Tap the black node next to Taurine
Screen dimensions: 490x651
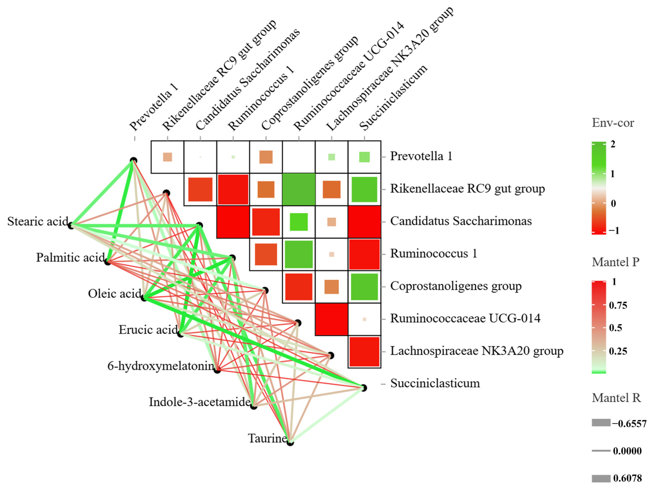[290, 442]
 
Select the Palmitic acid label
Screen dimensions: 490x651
[70, 258]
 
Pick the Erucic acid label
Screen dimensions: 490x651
[148, 330]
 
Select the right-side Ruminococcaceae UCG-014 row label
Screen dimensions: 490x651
[465, 318]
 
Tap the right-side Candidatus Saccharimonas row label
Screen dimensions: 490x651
[461, 221]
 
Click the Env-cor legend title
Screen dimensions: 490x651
[613, 123]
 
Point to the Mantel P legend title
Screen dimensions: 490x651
[615, 262]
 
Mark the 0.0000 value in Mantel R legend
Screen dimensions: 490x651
[627, 451]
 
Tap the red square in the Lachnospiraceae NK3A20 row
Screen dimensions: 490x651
[364, 352]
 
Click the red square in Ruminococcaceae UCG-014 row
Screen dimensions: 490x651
[331, 319]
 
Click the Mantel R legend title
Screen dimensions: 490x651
[616, 398]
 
